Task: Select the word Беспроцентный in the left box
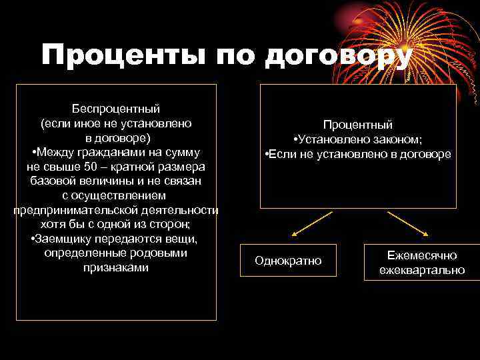tap(116, 109)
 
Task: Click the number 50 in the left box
tap(100, 166)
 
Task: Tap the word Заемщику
tap(64, 239)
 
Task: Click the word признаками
tap(116, 267)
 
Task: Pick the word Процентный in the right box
tap(358, 125)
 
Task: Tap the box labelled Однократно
tap(288, 261)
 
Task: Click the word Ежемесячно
tap(422, 255)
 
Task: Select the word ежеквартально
tap(422, 270)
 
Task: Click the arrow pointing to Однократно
tap(311, 224)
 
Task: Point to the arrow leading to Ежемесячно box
tap(407, 224)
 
